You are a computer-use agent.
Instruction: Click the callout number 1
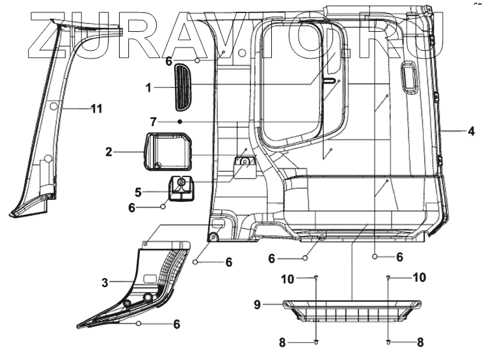click(149, 86)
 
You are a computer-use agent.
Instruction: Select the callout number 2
click(109, 152)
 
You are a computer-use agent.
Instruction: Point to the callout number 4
click(470, 131)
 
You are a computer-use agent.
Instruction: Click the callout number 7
click(154, 122)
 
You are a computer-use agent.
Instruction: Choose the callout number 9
click(257, 303)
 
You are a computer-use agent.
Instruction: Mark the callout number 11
click(96, 109)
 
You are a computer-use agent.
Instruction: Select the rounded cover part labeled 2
click(168, 150)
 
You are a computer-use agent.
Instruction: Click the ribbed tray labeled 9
click(353, 311)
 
